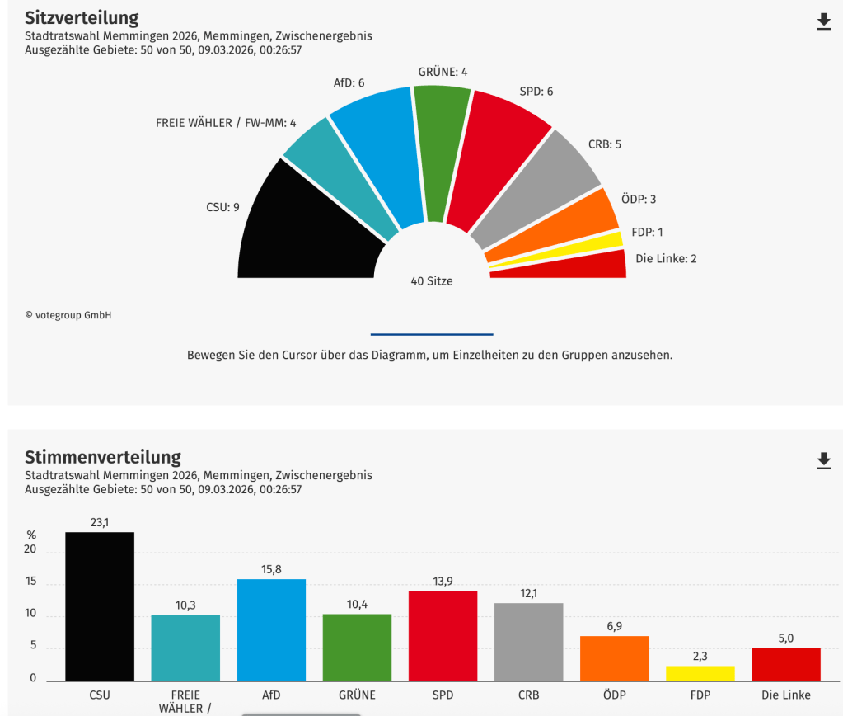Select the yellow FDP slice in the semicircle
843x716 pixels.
560,251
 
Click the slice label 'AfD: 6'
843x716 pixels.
349,82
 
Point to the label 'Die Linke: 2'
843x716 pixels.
666,258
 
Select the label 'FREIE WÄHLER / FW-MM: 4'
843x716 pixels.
225,123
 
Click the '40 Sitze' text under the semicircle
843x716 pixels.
432,280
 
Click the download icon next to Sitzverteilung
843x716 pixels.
823,21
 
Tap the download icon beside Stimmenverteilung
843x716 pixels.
823,460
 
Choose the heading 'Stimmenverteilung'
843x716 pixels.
103,457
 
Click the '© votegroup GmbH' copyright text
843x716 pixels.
68,315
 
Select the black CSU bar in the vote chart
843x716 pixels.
100,606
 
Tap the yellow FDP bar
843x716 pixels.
700,673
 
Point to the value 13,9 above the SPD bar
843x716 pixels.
443,582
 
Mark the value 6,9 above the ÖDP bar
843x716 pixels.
614,626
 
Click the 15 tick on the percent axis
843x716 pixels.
31,582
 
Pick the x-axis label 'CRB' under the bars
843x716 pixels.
528,695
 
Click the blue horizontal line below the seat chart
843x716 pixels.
432,334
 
